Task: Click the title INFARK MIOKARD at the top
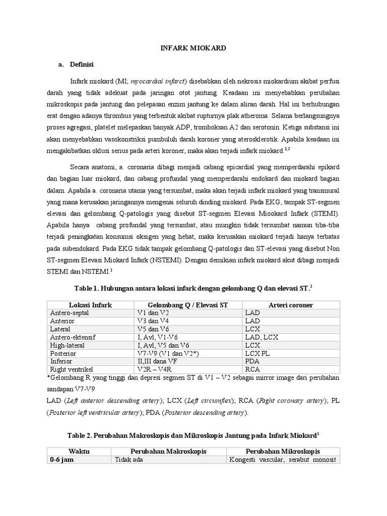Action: pos(193,48)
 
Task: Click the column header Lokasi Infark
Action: pos(90,305)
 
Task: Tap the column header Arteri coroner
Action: pos(290,305)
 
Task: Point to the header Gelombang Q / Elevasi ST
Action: pos(187,305)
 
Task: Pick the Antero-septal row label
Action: pos(70,313)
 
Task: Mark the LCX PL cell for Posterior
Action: pos(258,353)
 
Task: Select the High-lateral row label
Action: pos(68,345)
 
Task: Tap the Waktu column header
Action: pos(79,451)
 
